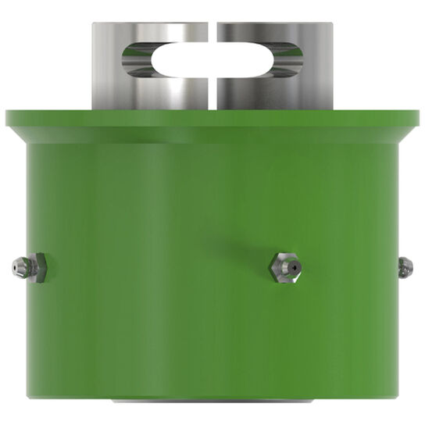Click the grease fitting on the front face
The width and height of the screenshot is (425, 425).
[x=284, y=267]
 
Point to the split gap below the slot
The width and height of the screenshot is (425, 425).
[x=212, y=94]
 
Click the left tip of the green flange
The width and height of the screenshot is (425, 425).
[x=7, y=117]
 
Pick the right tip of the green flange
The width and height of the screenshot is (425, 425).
[x=418, y=117]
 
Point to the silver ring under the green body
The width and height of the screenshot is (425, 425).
[x=212, y=402]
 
